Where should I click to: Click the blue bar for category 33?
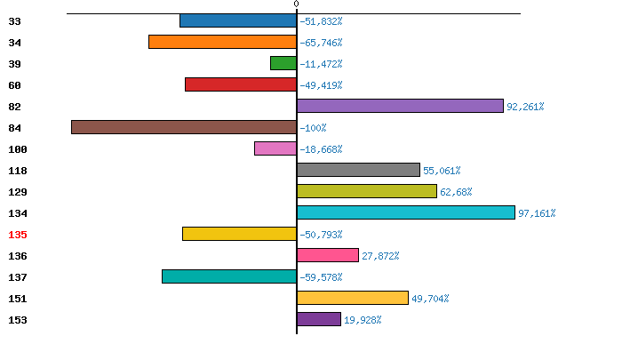pos(238,20)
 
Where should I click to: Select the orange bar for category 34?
pos(222,42)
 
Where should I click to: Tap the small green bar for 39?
pos(283,63)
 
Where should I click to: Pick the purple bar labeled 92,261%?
pos(400,106)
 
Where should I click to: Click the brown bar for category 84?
pos(184,127)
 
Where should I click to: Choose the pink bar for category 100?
pos(275,148)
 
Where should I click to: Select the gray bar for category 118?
pos(358,170)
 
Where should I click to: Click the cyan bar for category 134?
pos(406,212)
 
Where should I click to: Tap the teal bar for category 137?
pos(229,276)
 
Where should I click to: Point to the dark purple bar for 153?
pos(319,319)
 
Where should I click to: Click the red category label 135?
pos(18,235)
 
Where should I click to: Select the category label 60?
pos(14,85)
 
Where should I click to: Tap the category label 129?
pos(18,192)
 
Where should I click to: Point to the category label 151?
pos(18,299)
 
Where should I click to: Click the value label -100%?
pos(313,128)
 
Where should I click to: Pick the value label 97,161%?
pos(537,213)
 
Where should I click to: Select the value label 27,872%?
pos(380,256)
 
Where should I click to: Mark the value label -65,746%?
pos(321,43)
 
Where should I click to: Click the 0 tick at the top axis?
pos(297,4)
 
